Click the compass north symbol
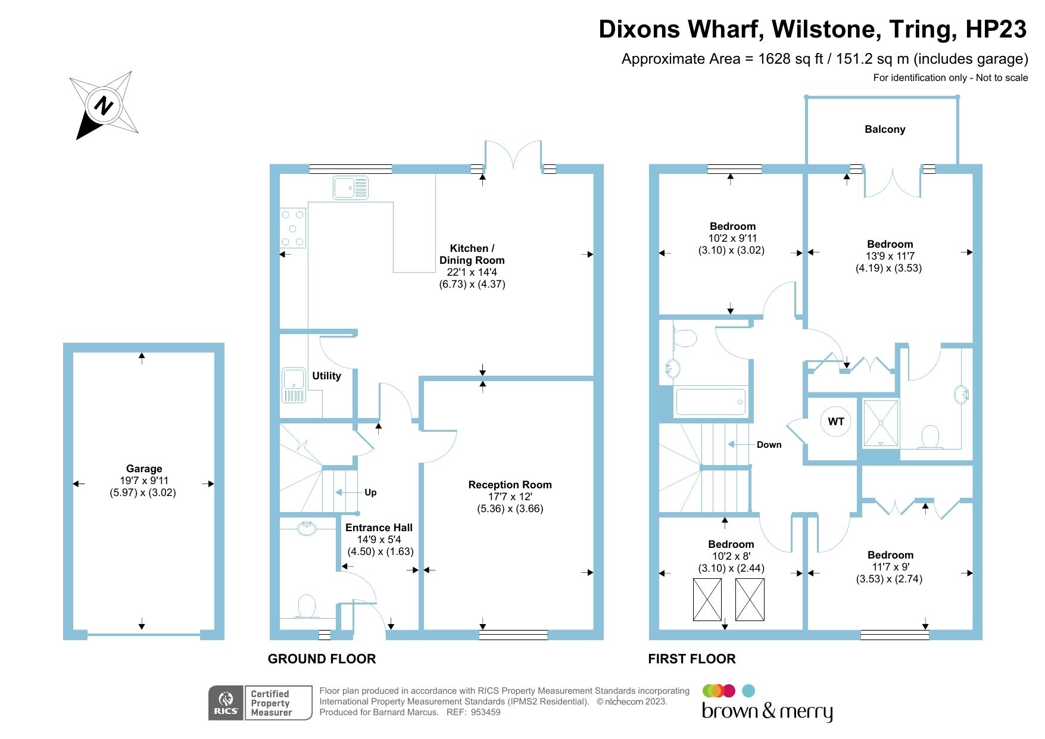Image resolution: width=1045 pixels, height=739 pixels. pyautogui.click(x=104, y=105)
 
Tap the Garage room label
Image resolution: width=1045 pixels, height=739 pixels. pyautogui.click(x=144, y=469)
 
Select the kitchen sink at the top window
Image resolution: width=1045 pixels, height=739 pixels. pyautogui.click(x=350, y=188)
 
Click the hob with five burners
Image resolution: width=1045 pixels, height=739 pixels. pyautogui.click(x=292, y=228)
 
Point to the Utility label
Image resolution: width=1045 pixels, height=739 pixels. pyautogui.click(x=326, y=376)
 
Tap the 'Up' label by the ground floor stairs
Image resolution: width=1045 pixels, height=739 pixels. pyautogui.click(x=370, y=492)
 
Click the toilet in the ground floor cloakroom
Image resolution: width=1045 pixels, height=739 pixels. pyautogui.click(x=307, y=606)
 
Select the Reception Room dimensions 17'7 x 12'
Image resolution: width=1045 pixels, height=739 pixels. pyautogui.click(x=510, y=497)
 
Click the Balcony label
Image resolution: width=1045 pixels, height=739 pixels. pyautogui.click(x=885, y=129)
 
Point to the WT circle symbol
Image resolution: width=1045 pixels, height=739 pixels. pyautogui.click(x=836, y=422)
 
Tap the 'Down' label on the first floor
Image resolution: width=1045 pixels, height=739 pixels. pyautogui.click(x=769, y=445)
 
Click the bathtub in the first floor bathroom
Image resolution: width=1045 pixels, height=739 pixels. pyautogui.click(x=710, y=402)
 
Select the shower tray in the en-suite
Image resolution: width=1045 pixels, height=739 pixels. pyautogui.click(x=881, y=423)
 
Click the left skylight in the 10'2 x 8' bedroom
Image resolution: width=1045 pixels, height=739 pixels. pyautogui.click(x=707, y=600)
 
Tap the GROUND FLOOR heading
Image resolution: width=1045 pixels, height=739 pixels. pyautogui.click(x=322, y=659)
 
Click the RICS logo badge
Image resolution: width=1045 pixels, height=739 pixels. pyautogui.click(x=226, y=703)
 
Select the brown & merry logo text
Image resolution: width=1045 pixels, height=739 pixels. pyautogui.click(x=767, y=711)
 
